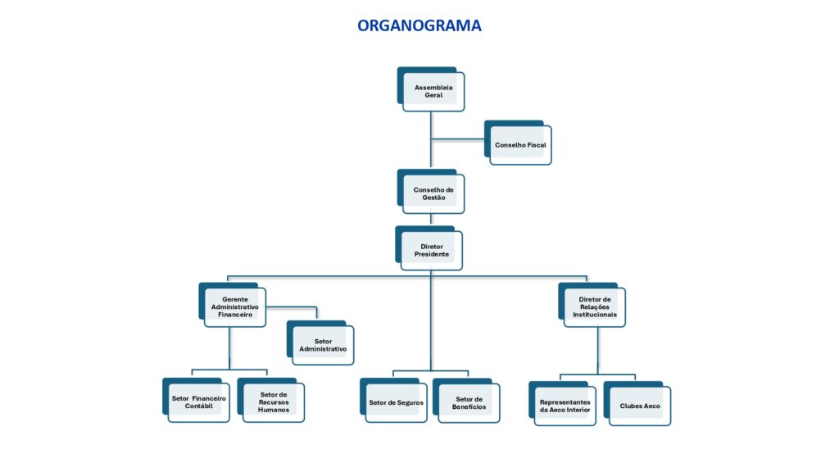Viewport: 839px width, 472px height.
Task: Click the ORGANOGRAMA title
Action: tap(419, 25)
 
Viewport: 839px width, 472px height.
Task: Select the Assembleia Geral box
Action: tap(433, 91)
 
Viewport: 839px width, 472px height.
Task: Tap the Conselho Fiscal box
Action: tap(520, 145)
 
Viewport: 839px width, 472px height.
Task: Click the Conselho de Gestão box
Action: tap(433, 194)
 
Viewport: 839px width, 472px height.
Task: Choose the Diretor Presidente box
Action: tap(432, 250)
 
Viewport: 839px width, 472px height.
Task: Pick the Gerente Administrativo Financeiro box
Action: tap(234, 307)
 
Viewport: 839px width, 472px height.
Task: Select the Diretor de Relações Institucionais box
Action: tap(594, 307)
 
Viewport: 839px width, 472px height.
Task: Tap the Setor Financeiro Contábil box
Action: tap(198, 402)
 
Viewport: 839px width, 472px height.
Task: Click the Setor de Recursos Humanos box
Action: tap(273, 402)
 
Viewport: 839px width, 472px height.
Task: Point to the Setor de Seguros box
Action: tap(396, 402)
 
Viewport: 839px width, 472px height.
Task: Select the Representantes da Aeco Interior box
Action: tap(565, 406)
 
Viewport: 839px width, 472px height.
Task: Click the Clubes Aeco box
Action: tap(639, 406)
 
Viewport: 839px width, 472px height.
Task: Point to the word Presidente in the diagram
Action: tap(432, 255)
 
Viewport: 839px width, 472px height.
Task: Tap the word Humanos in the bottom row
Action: tap(273, 410)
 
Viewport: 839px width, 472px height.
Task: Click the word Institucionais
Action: tap(595, 315)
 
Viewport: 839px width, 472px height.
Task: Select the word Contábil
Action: tap(198, 406)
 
